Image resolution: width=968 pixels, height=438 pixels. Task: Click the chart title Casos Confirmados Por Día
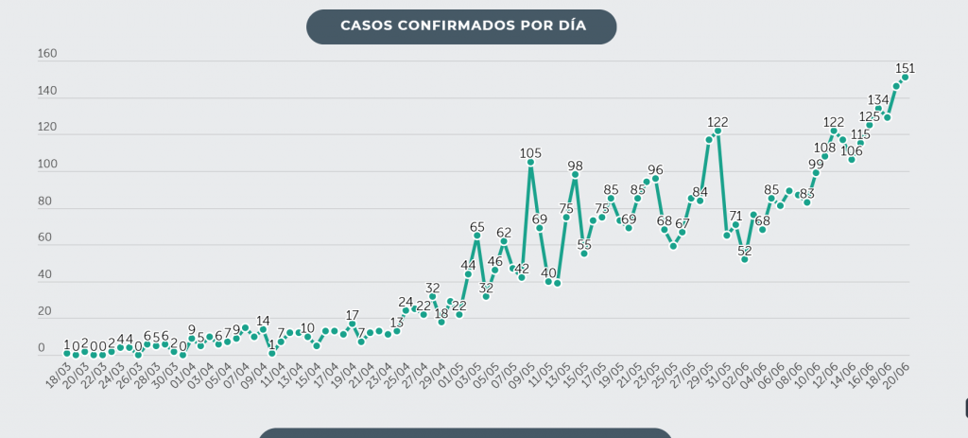pos(462,26)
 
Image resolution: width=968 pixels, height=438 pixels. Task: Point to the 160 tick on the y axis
pos(47,54)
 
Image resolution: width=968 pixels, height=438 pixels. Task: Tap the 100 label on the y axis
pos(47,165)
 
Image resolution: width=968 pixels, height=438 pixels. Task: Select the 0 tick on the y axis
pos(42,349)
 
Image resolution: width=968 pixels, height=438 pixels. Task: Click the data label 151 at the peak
pos(905,68)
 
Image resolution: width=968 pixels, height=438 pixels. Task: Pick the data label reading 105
pos(530,152)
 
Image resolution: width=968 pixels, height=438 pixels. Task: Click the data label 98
pos(575,166)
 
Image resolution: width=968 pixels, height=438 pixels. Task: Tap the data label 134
pos(878,99)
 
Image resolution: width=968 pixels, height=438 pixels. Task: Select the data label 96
pos(655,169)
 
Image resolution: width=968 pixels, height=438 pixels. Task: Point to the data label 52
pos(745,250)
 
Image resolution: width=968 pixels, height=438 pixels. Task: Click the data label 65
pos(477,227)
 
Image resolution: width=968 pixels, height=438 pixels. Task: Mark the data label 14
pos(263,321)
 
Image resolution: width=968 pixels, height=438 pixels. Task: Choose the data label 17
pos(353,315)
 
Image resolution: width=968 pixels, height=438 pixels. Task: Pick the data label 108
pos(824,148)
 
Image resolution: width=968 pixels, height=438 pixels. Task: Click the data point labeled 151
pos(905,78)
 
